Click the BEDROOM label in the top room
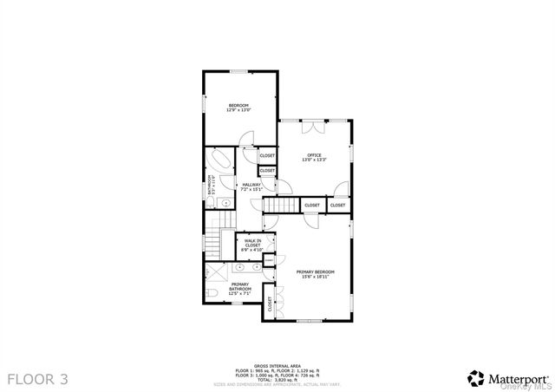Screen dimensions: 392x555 (x=238, y=105)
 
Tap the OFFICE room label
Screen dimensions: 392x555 (x=314, y=155)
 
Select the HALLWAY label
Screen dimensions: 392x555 (x=251, y=185)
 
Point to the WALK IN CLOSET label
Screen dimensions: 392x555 (x=252, y=244)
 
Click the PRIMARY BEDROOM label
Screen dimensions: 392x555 (x=315, y=271)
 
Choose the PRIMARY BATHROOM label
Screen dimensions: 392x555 (x=240, y=285)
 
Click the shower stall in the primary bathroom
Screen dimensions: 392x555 (x=217, y=272)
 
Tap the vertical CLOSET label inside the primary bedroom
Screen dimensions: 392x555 (x=270, y=304)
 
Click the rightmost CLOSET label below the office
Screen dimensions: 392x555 (x=337, y=206)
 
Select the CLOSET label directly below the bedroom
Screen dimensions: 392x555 (x=267, y=155)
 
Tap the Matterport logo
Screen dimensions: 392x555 (x=507, y=377)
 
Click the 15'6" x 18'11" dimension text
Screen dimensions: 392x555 (x=315, y=277)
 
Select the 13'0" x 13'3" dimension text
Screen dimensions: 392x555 (x=314, y=160)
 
